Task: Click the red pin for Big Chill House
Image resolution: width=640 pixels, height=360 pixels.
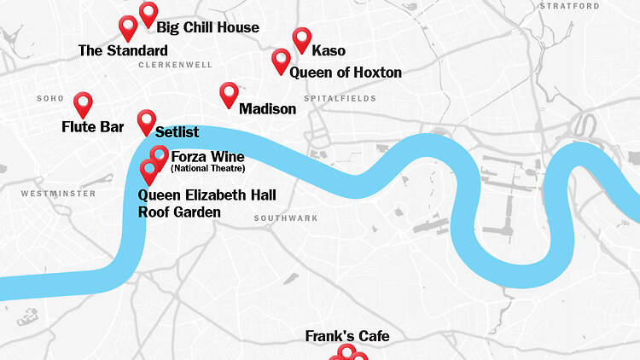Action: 148,13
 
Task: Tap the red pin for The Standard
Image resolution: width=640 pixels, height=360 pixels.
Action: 129,27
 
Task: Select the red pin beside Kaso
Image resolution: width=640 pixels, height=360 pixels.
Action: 302,38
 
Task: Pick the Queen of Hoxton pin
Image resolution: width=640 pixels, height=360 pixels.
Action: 281,60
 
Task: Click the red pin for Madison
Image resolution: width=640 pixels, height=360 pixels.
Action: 229,93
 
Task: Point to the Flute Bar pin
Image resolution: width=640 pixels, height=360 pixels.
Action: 83,103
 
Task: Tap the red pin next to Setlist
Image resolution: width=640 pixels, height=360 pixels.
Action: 147,121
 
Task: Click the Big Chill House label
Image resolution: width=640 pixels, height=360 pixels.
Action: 207,27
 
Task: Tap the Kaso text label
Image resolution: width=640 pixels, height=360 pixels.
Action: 329,50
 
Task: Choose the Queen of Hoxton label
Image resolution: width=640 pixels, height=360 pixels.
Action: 346,73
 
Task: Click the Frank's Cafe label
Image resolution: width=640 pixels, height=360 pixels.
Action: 347,336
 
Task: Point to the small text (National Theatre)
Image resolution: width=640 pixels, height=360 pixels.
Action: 207,169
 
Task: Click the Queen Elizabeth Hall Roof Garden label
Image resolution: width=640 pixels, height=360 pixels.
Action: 207,203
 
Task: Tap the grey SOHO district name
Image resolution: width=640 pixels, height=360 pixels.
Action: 51,99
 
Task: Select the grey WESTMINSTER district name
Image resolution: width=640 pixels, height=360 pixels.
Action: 59,194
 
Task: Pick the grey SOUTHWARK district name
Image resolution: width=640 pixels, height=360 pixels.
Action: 286,218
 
